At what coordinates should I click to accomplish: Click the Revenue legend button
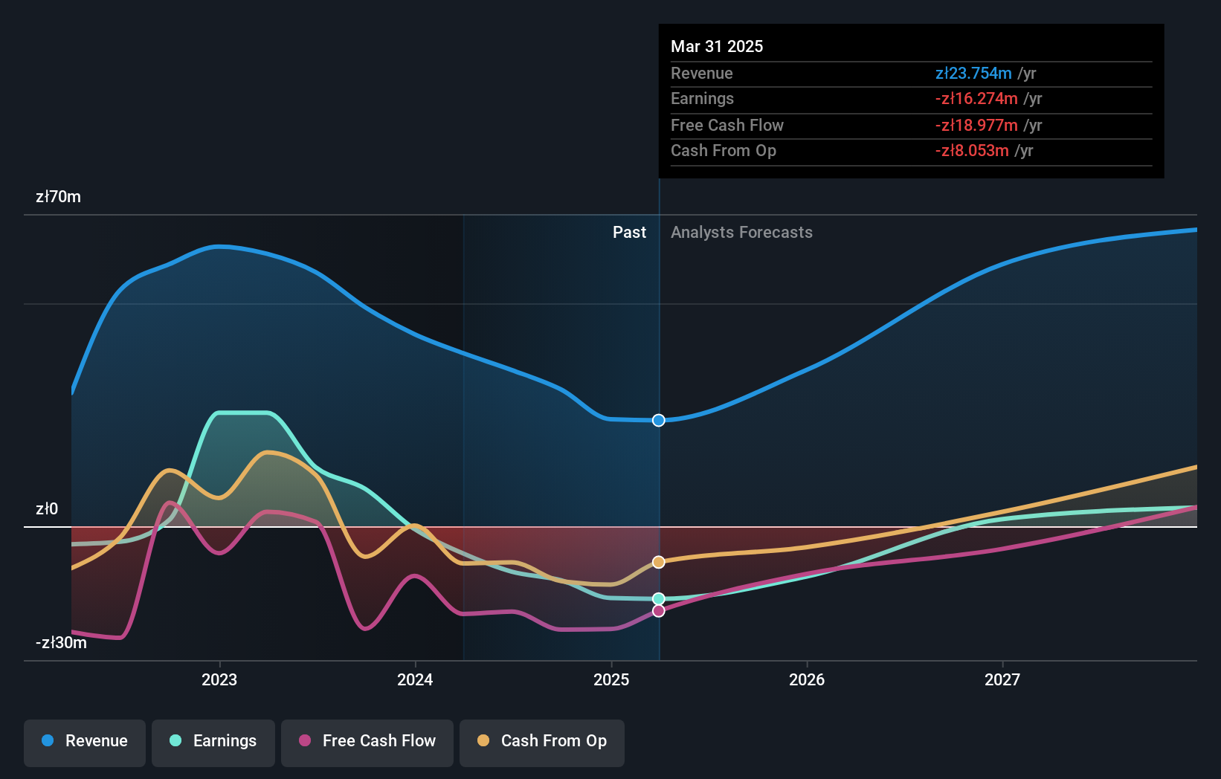point(85,741)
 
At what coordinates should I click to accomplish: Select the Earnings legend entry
point(213,741)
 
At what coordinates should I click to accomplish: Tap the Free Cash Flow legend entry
point(367,741)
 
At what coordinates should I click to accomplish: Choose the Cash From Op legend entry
point(542,741)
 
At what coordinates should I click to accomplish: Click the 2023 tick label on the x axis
point(219,679)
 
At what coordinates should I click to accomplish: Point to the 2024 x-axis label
point(415,679)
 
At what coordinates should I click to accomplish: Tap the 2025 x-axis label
point(611,679)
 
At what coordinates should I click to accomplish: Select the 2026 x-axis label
point(807,679)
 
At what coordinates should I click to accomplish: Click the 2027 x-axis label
point(1002,679)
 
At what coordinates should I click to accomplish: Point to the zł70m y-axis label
point(58,197)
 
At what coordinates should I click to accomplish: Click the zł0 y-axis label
point(47,509)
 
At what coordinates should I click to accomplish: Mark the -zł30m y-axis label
point(61,643)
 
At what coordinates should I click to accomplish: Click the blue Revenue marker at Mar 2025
point(659,421)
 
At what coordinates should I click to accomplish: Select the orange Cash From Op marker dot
point(659,562)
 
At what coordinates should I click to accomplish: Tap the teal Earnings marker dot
point(659,598)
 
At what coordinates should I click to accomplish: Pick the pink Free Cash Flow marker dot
point(659,611)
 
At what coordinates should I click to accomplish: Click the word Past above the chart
point(629,233)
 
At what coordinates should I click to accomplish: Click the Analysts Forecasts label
point(741,233)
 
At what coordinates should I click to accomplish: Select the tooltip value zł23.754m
point(973,74)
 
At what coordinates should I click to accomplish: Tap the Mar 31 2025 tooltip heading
point(717,46)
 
